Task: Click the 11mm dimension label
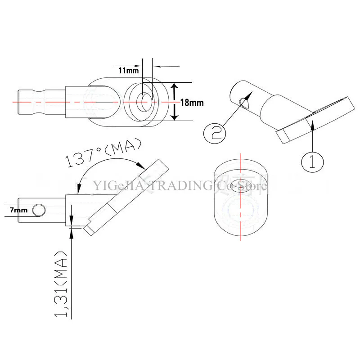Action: tap(129, 71)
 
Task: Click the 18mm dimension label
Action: tap(191, 103)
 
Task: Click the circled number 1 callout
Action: tap(312, 161)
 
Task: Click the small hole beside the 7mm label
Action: tap(39, 210)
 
